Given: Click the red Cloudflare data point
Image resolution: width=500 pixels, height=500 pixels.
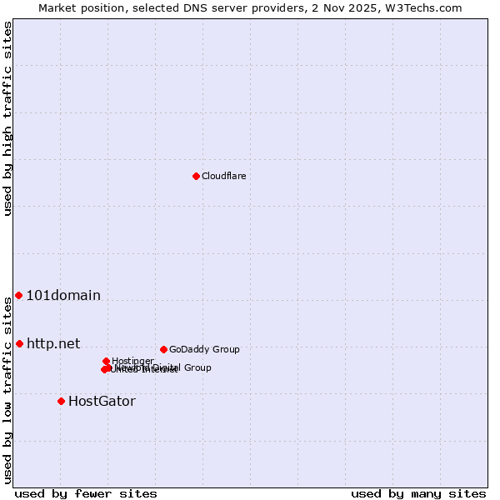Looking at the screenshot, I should click(196, 176).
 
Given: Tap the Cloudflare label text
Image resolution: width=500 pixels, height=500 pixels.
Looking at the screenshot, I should click(223, 176).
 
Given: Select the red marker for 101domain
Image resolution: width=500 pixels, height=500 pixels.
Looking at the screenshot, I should click(18, 296).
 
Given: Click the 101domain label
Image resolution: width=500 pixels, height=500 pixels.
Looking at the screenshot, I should click(63, 296).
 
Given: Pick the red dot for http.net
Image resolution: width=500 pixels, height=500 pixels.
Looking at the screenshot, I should click(19, 343).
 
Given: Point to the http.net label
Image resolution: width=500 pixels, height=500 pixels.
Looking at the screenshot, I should click(53, 343).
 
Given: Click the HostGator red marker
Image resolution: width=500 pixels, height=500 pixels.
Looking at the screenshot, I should click(61, 401).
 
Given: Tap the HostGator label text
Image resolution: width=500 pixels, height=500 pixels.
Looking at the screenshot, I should click(102, 401).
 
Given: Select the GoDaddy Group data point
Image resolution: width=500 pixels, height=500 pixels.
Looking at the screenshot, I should click(163, 349).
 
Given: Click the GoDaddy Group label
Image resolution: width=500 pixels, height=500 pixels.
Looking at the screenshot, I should click(204, 349).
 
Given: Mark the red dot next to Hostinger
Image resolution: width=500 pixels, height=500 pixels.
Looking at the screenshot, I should click(106, 361).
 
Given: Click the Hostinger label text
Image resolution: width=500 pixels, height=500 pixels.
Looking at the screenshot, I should click(132, 361).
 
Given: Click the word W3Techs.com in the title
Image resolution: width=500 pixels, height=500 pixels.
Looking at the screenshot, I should click(428, 7).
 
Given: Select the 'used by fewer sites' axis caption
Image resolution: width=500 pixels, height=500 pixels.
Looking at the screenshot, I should click(86, 493).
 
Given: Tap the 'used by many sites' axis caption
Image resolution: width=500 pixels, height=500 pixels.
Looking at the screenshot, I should click(418, 493).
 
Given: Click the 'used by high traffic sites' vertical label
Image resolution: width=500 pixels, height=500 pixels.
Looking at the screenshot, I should click(7, 118).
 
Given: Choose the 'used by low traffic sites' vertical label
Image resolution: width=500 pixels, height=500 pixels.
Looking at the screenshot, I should click(7, 390).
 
